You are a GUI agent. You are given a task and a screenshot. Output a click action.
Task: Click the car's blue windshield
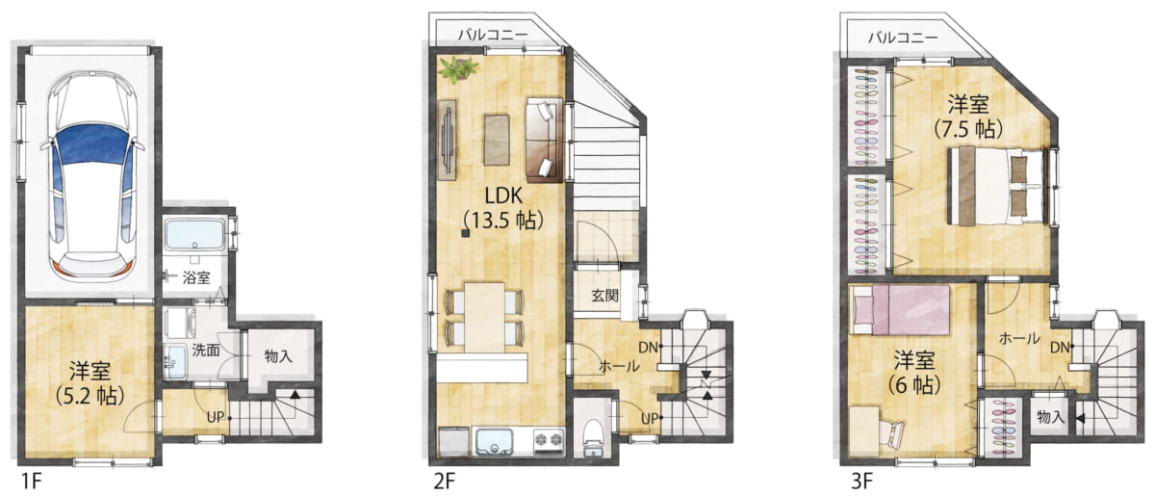pyautogui.click(x=91, y=148)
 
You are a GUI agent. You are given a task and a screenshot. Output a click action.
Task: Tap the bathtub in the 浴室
pyautogui.click(x=194, y=235)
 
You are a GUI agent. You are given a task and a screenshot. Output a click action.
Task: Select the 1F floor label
pyautogui.click(x=31, y=481)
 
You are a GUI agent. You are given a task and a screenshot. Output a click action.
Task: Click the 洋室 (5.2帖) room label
pyautogui.click(x=90, y=383)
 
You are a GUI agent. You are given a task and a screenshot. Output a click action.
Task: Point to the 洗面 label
pyautogui.click(x=206, y=350)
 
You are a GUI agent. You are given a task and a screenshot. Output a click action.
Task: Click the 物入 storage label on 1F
pyautogui.click(x=278, y=356)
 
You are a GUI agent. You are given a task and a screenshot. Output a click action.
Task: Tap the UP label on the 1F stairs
pyautogui.click(x=216, y=417)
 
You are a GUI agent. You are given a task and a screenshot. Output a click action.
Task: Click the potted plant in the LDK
pyautogui.click(x=457, y=68)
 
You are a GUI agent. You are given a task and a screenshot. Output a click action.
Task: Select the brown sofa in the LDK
pyautogui.click(x=544, y=140)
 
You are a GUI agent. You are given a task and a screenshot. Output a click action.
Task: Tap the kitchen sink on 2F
pyautogui.click(x=495, y=442)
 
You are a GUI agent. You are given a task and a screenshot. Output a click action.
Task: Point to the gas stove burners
pyautogui.click(x=549, y=440)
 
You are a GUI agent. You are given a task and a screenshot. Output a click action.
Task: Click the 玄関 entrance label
pyautogui.click(x=604, y=296)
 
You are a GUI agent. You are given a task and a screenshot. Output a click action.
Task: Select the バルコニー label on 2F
pyautogui.click(x=493, y=35)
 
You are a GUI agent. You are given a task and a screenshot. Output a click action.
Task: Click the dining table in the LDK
pyautogui.click(x=484, y=317)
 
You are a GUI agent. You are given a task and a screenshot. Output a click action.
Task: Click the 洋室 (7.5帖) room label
pyautogui.click(x=968, y=117)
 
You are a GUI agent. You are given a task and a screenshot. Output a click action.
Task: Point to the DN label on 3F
pyautogui.click(x=1060, y=348)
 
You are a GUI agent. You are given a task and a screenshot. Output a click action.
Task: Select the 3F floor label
pyautogui.click(x=861, y=481)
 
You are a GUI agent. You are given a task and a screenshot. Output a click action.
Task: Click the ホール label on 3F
pyautogui.click(x=1019, y=339)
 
